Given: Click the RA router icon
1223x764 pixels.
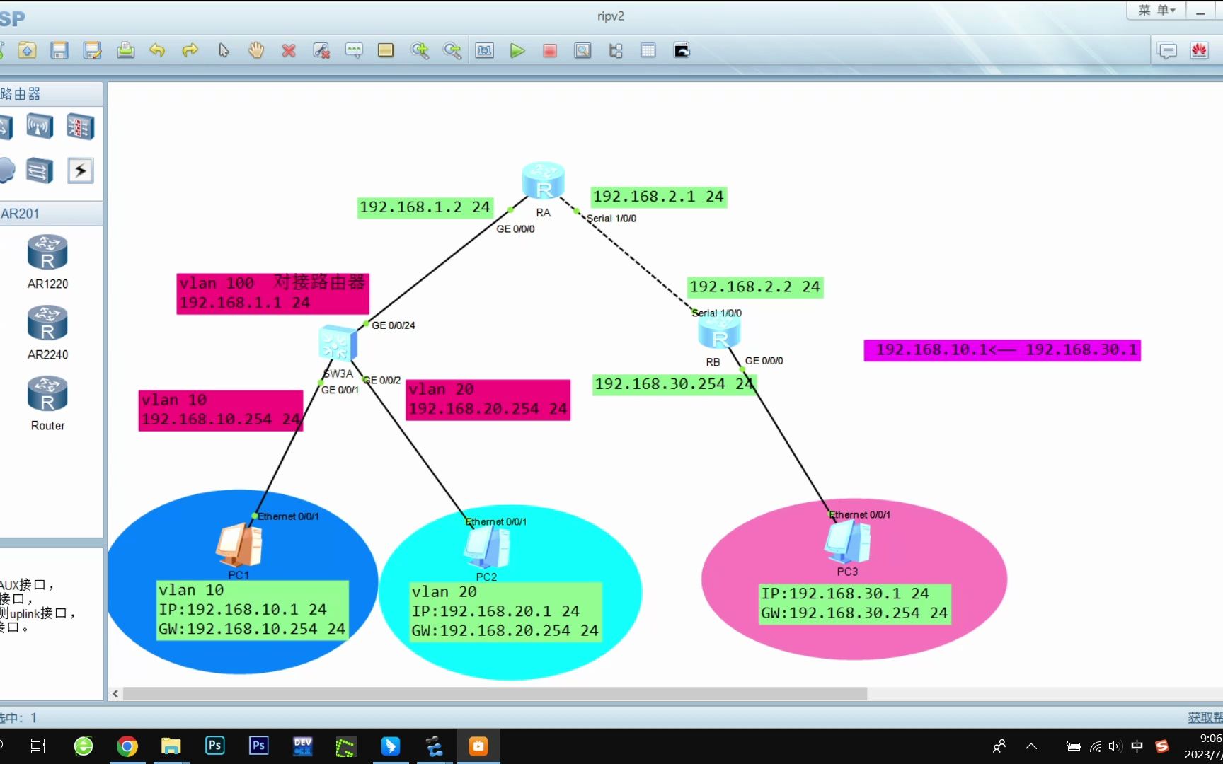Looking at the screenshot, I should tap(543, 181).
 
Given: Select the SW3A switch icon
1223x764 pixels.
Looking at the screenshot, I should tap(338, 345).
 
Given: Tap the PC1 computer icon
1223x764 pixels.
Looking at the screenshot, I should tap(239, 545).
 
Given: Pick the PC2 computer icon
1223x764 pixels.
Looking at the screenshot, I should tap(487, 548).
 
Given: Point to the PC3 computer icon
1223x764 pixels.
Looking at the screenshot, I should tap(847, 542).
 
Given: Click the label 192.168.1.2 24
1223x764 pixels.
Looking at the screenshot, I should tap(424, 207).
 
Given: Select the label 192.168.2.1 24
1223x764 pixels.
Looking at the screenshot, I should tap(658, 197).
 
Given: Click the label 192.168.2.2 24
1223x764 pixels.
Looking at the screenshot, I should tap(754, 287).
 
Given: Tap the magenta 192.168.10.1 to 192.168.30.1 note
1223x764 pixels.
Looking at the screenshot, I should tap(1002, 350).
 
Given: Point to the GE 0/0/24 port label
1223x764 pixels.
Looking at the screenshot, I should tap(394, 325).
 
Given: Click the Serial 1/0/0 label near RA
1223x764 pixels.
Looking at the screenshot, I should tap(611, 219).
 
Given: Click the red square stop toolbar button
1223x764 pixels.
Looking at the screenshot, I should tap(550, 51).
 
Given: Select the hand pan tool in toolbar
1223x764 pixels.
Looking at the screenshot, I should tap(256, 51).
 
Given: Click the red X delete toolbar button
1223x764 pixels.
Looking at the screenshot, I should tap(289, 51).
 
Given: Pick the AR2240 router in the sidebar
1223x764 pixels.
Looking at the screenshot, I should tap(47, 324).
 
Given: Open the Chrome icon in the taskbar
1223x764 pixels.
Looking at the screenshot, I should tap(127, 746).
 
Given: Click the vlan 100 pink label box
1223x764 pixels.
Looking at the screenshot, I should tap(272, 294).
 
